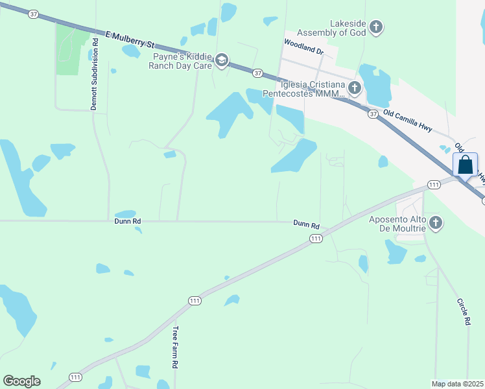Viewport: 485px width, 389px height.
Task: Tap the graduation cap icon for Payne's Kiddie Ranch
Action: coord(222,61)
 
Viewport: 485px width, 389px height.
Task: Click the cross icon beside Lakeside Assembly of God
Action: coord(376,27)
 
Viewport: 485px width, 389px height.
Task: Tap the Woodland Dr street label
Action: coord(303,45)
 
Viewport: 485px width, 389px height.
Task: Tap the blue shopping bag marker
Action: coord(466,165)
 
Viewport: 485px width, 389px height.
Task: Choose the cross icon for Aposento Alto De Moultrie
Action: coord(436,224)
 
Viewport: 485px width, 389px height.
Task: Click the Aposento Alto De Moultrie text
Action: coord(397,224)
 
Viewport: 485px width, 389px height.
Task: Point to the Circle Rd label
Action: coord(463,311)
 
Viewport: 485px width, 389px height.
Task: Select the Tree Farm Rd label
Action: coord(174,348)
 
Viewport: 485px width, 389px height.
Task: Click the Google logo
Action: coord(21,381)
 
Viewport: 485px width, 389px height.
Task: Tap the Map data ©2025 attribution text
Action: coord(458,384)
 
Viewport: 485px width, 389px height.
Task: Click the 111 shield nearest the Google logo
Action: coord(76,377)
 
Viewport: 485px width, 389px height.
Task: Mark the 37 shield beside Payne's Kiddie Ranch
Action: coord(257,73)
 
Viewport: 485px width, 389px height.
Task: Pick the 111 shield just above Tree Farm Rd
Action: coord(195,300)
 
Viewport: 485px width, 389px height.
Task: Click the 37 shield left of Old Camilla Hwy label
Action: coord(372,114)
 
